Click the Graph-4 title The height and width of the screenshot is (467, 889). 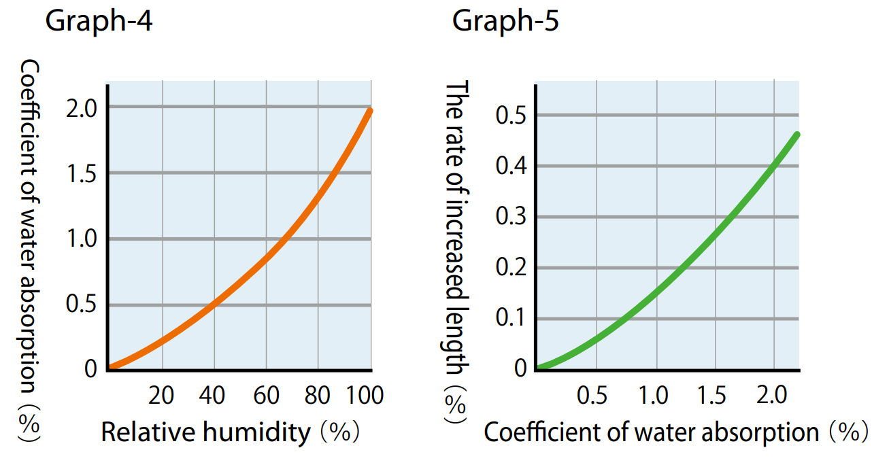point(98,22)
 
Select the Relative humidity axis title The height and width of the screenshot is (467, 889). point(205,432)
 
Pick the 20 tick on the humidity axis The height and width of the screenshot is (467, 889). point(161,395)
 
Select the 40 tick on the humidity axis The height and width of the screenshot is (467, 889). point(214,395)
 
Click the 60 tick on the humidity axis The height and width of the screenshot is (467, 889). point(267,395)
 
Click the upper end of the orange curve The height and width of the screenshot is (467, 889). point(370,111)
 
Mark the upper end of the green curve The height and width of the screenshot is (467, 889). point(796,135)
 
